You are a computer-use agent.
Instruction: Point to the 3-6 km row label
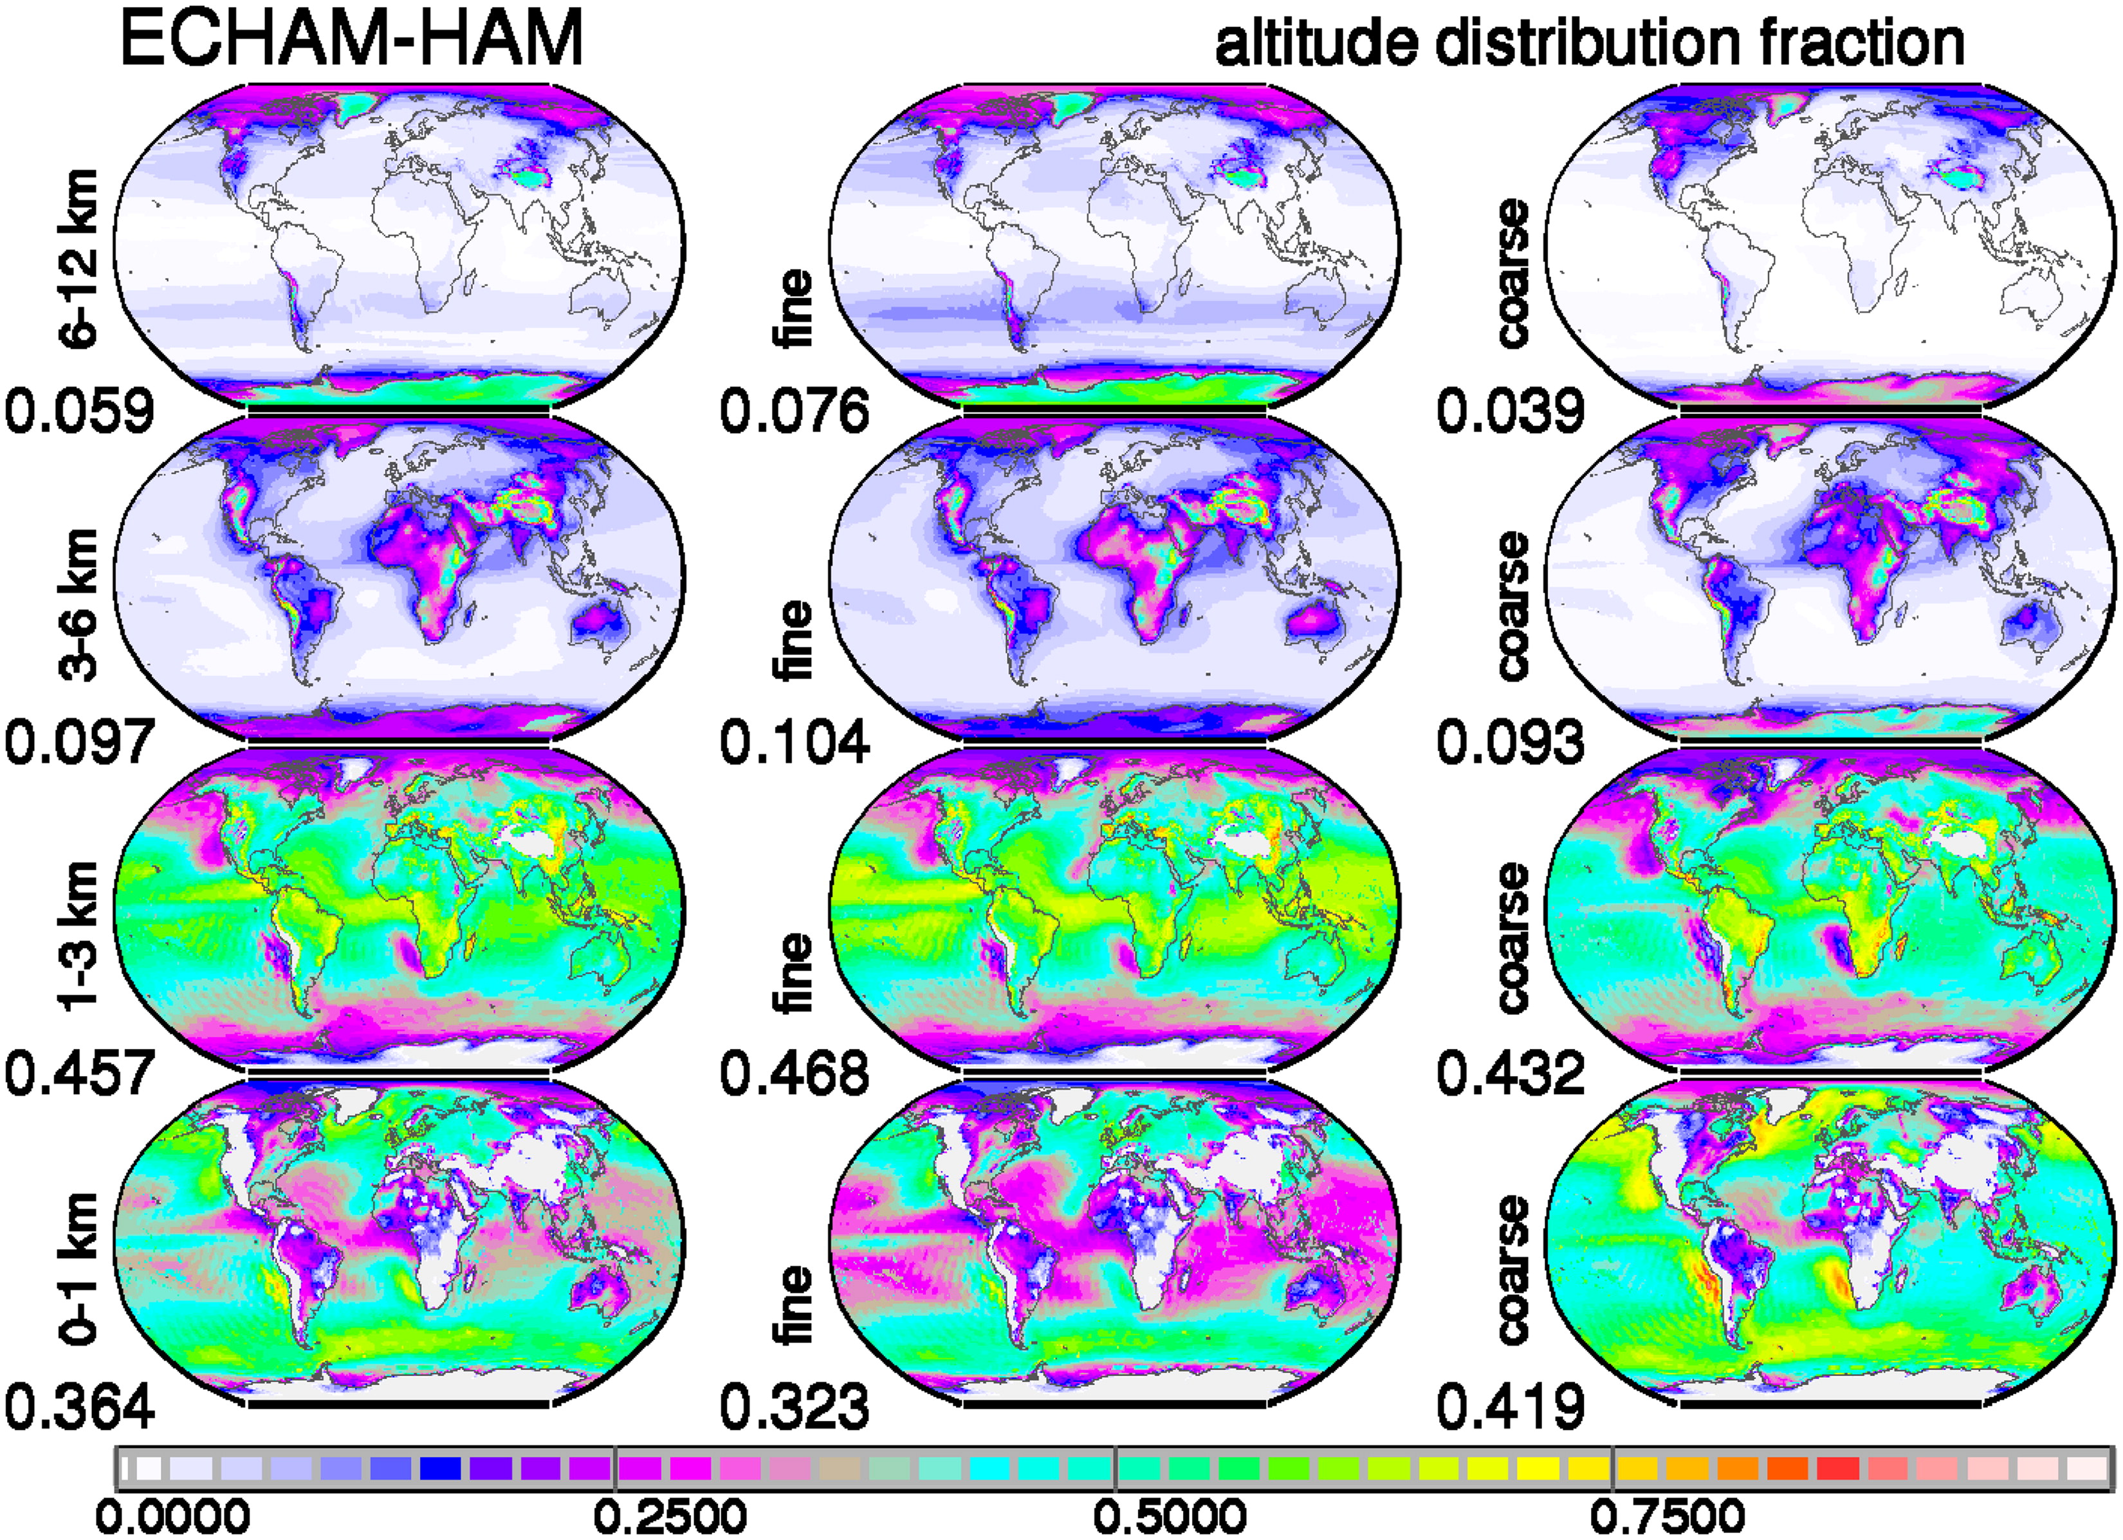(78, 605)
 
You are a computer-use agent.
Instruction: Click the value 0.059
(80, 412)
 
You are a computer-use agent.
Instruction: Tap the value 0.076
(795, 412)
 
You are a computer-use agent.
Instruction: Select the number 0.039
(1511, 412)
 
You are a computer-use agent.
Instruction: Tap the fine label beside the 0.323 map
(795, 1306)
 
